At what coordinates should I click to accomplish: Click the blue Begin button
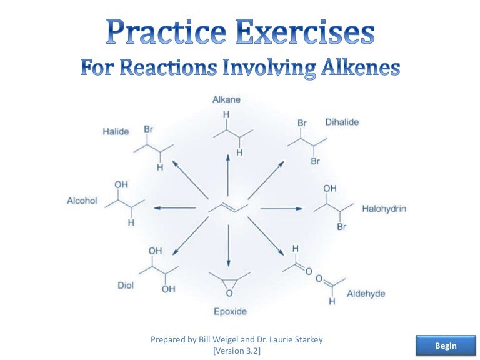pos(446,346)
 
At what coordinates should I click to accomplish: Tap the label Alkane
pos(226,99)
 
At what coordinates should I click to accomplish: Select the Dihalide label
pos(342,122)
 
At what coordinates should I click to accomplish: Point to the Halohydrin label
pos(384,209)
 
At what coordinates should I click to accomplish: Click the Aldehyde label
pos(366,294)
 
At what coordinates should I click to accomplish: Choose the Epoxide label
pos(230,311)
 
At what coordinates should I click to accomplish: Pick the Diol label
pos(126,286)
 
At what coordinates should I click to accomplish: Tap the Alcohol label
pos(82,201)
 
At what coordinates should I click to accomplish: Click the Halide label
pos(116,132)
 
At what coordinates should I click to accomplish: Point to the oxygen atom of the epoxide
pos(229,292)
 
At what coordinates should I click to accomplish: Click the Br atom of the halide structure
pos(149,129)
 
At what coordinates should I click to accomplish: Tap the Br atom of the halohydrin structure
pos(341,227)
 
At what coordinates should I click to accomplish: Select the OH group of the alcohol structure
pos(121,185)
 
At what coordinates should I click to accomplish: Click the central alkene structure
pos(229,207)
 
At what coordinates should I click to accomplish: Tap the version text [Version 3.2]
pos(236,351)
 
